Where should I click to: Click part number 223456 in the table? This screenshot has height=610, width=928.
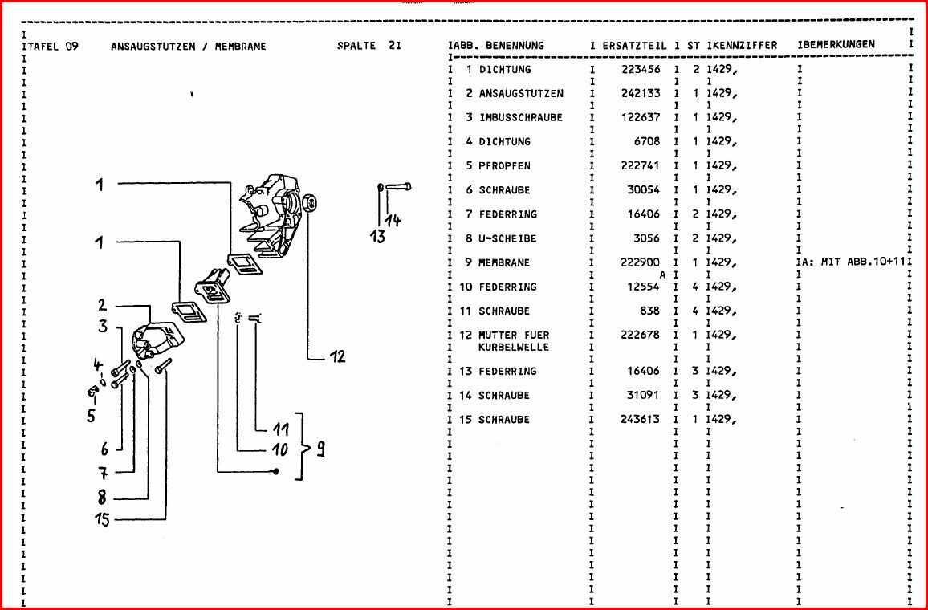641,70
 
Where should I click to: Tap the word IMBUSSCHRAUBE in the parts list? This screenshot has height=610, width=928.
521,118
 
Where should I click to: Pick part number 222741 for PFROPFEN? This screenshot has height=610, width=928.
641,166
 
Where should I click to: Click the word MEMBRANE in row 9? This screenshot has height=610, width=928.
504,263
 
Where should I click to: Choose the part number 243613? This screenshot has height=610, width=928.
641,420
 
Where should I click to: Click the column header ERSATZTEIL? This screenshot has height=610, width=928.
634,46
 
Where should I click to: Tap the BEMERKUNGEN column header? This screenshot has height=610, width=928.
839,45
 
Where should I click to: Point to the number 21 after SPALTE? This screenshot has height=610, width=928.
394,46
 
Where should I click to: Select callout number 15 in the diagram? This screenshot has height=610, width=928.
102,520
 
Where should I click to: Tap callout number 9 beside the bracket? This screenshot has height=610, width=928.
320,449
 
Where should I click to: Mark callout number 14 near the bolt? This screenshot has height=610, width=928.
393,222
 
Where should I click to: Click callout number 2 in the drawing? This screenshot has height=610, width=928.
102,306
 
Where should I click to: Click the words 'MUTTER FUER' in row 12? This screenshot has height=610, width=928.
514,335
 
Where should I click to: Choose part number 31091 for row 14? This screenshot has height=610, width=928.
644,396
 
